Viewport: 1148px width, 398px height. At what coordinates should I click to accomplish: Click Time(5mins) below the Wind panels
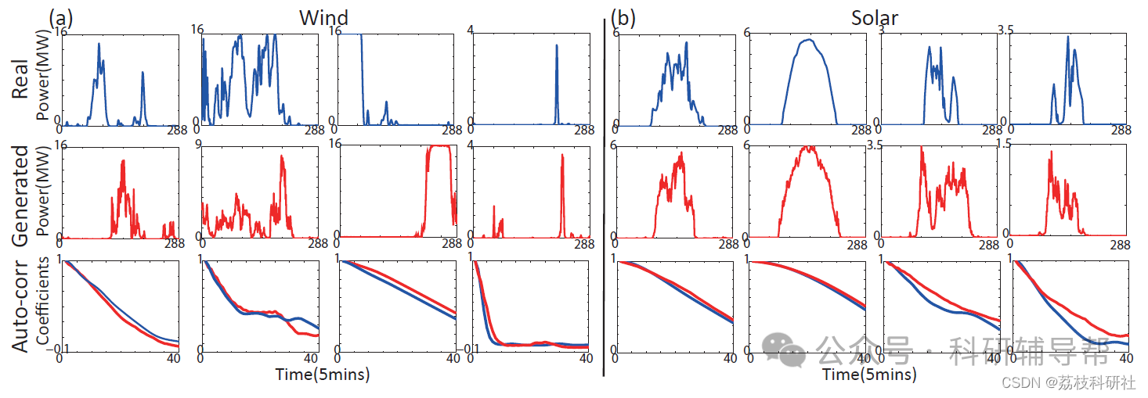point(323,375)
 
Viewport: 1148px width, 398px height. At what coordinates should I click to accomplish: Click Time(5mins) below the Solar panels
point(869,375)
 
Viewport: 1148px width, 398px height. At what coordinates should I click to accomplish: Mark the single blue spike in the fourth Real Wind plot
point(557,47)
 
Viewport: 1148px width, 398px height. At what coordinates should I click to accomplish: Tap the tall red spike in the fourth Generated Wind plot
point(562,156)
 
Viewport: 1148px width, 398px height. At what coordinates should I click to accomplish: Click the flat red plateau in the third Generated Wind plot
point(439,147)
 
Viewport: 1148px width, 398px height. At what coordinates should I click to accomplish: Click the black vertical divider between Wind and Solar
point(604,195)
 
